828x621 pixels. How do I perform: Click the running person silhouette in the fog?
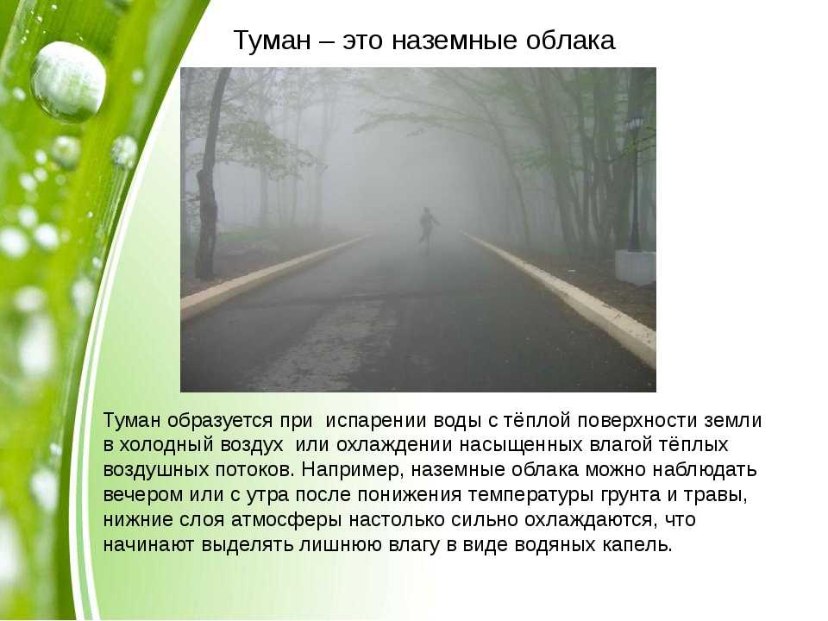click(429, 225)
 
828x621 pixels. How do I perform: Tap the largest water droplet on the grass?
click(68, 82)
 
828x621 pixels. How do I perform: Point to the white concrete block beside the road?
click(636, 267)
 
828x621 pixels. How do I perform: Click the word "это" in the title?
click(361, 41)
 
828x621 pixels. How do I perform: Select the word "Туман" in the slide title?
click(273, 41)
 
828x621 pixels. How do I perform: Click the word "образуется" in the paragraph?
click(220, 421)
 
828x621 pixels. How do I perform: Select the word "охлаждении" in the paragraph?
click(394, 445)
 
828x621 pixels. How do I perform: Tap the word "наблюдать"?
click(705, 469)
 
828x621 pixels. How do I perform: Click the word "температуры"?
click(531, 495)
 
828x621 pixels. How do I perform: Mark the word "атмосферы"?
click(286, 520)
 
